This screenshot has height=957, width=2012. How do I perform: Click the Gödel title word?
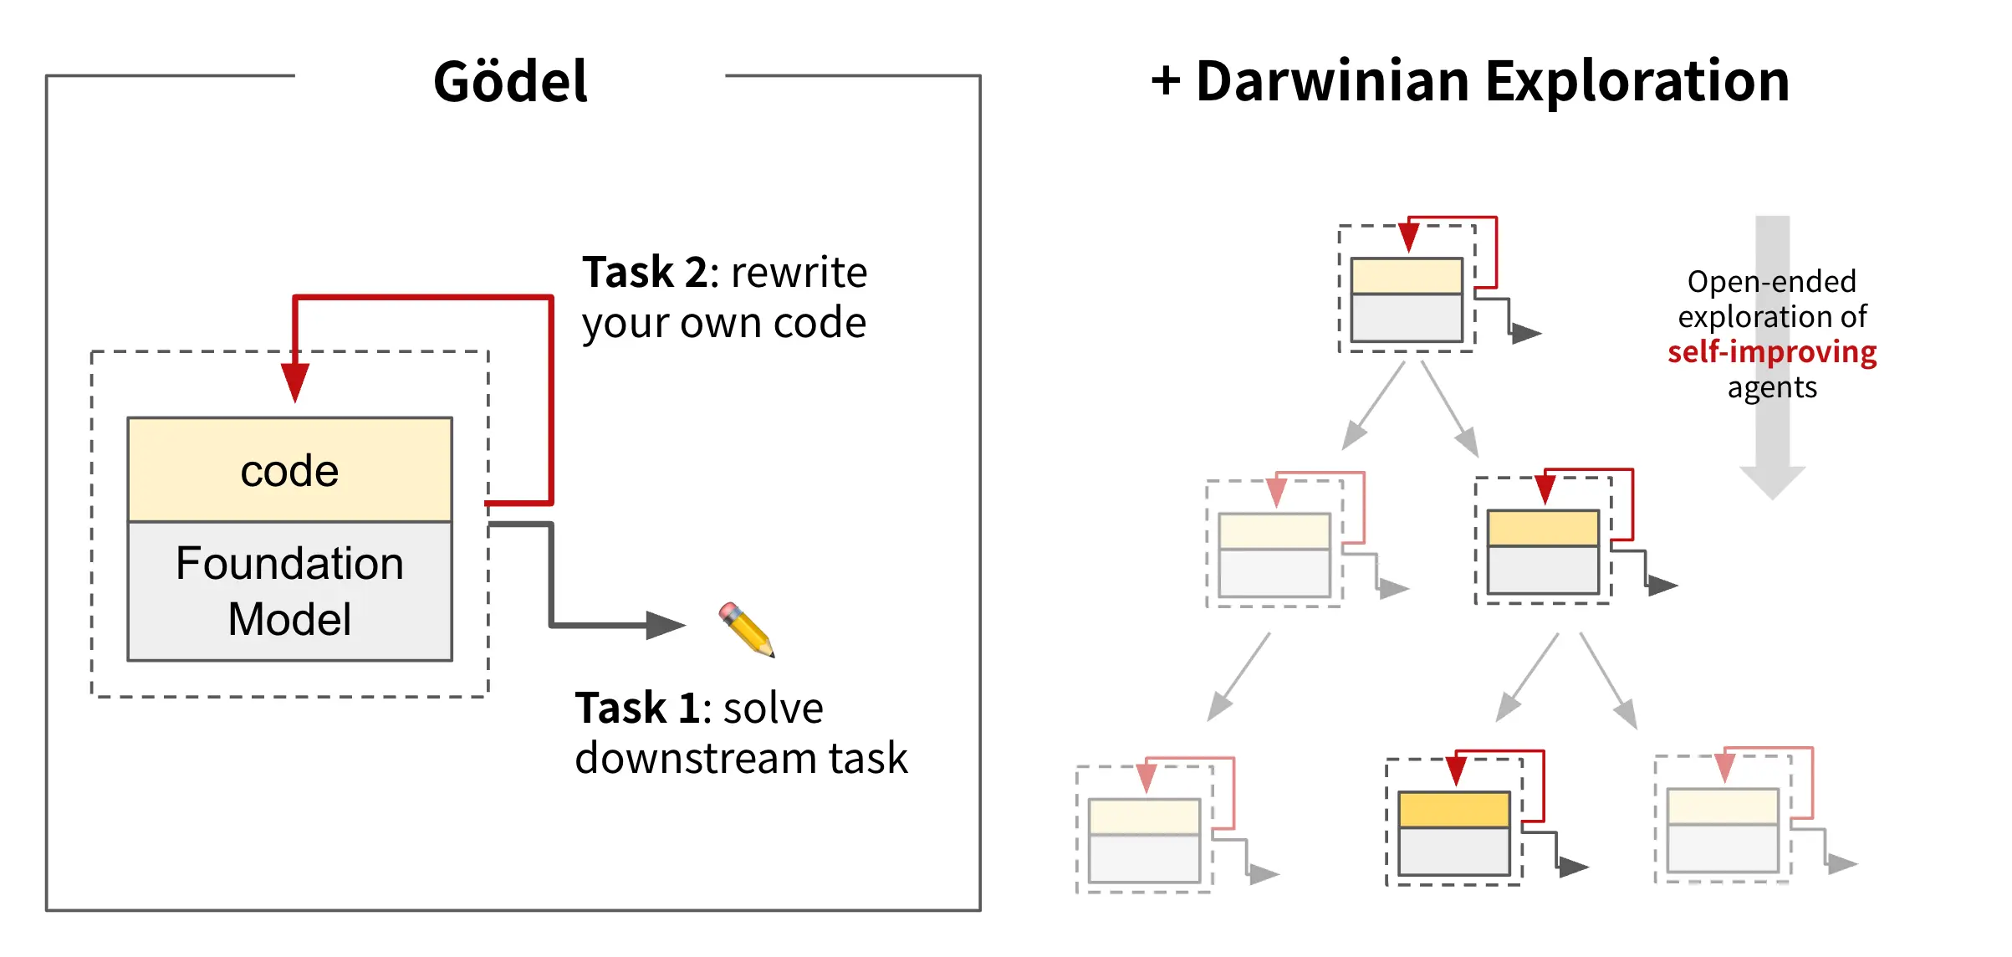coord(510,82)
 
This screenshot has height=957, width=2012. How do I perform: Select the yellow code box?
coord(289,470)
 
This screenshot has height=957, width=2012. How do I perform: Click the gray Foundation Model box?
coord(289,591)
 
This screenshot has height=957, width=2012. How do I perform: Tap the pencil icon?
coord(747,629)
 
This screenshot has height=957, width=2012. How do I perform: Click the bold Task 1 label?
coord(637,709)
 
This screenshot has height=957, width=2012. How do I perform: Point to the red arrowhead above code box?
coord(294,381)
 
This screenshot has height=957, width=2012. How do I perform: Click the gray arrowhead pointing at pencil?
coord(665,624)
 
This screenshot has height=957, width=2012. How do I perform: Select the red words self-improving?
coord(1771,352)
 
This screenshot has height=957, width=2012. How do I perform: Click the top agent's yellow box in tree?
coord(1407,276)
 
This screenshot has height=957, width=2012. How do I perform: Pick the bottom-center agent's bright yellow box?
coord(1453,810)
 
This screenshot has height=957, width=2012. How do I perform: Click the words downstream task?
coord(741,759)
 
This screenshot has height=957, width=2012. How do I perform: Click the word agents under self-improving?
coord(1771,388)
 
